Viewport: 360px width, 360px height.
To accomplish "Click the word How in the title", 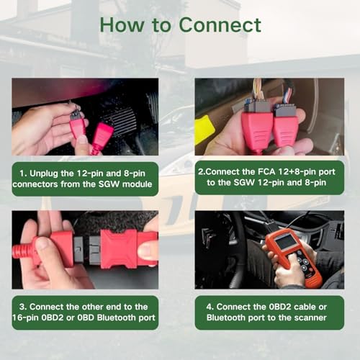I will (x=117, y=24).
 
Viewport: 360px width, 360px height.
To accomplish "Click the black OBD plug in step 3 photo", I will (x=85, y=248).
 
